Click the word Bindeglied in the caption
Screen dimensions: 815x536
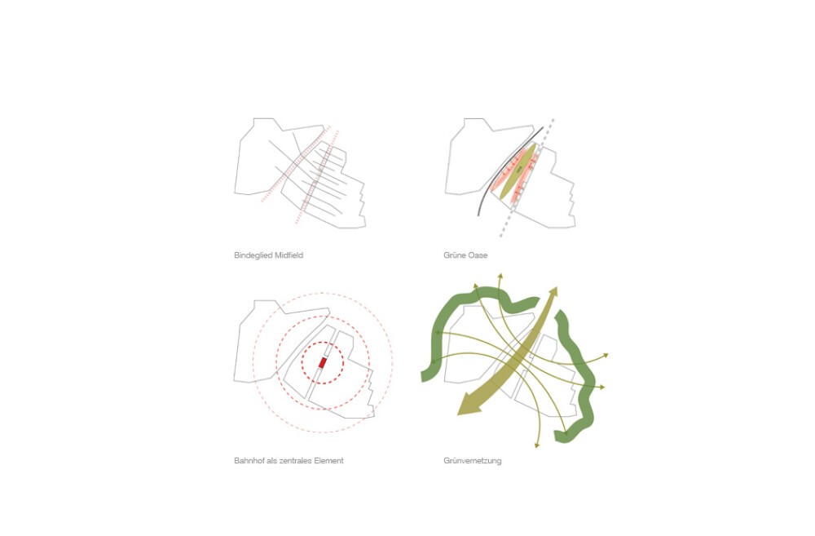pyautogui.click(x=250, y=255)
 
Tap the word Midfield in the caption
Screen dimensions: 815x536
pyautogui.click(x=286, y=255)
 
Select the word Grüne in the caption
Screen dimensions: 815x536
pyautogui.click(x=455, y=255)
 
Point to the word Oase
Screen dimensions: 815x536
pyautogui.click(x=478, y=255)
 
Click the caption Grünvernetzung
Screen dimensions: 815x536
pyautogui.click(x=473, y=461)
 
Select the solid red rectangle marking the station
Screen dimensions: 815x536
pyautogui.click(x=322, y=363)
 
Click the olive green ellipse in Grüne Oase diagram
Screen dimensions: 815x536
pyautogui.click(x=518, y=171)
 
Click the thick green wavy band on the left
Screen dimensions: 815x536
pyautogui.click(x=439, y=333)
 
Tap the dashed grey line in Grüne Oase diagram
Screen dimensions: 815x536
pyautogui.click(x=526, y=178)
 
